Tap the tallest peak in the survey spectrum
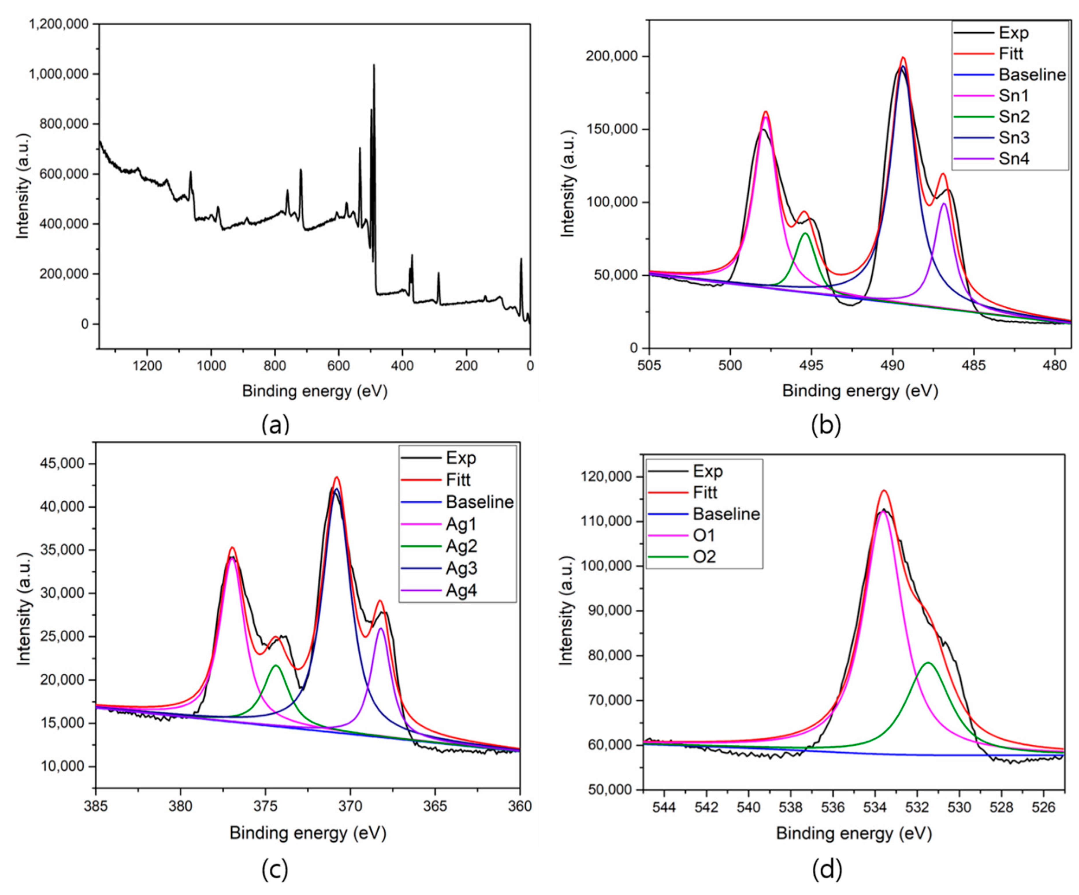tap(373, 65)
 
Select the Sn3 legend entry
tap(1014, 138)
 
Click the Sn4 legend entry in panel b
tap(1014, 159)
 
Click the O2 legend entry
tap(704, 557)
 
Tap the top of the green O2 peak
tap(928, 663)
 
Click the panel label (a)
tap(276, 425)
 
